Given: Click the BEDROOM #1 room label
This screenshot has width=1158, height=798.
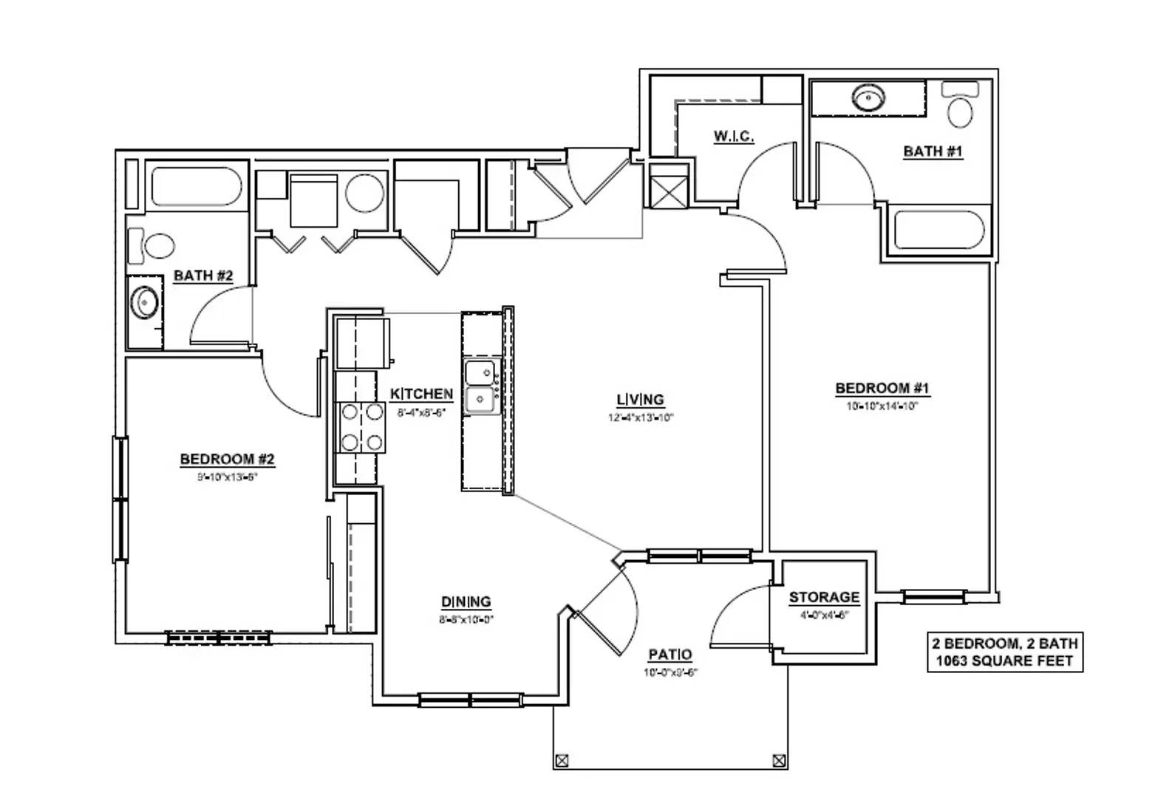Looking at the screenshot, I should pyautogui.click(x=882, y=388).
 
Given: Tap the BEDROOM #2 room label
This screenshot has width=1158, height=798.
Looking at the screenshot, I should pyautogui.click(x=227, y=460).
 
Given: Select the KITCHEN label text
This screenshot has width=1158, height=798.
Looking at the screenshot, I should pyautogui.click(x=421, y=394).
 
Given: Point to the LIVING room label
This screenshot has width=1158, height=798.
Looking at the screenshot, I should pyautogui.click(x=640, y=400).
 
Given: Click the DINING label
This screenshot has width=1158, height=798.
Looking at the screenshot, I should pyautogui.click(x=466, y=601).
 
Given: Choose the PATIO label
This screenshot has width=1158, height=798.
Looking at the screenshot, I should pyautogui.click(x=670, y=655).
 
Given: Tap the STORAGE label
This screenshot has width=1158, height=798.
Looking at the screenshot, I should pyautogui.click(x=824, y=597).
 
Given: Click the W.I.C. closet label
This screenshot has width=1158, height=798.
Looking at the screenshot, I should pyautogui.click(x=733, y=137).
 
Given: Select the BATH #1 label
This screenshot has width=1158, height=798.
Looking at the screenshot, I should pyautogui.click(x=933, y=151).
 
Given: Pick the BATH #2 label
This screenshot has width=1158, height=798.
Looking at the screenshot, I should pyautogui.click(x=203, y=276).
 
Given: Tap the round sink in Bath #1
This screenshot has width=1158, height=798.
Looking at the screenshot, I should pyautogui.click(x=869, y=98).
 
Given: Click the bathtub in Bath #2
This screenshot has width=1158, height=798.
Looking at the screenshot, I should pyautogui.click(x=197, y=186).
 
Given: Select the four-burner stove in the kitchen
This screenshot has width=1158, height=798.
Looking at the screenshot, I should pyautogui.click(x=361, y=427).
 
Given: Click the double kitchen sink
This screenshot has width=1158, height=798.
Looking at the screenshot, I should pyautogui.click(x=480, y=387).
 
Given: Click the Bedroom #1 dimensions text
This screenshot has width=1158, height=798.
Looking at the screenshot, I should pyautogui.click(x=882, y=406).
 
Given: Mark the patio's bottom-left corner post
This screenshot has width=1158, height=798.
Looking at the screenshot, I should pyautogui.click(x=562, y=760).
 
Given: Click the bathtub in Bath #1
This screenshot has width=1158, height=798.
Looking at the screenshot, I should pyautogui.click(x=939, y=231).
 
